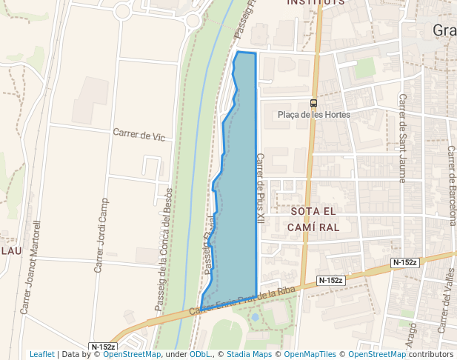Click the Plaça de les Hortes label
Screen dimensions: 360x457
(313, 115)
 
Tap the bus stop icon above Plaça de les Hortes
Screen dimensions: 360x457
(314, 104)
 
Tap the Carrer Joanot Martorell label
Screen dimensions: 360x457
(31, 267)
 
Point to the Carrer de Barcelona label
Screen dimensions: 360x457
(451, 185)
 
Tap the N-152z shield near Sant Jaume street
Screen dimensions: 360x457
(405, 262)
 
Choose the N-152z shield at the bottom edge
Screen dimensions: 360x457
(103, 347)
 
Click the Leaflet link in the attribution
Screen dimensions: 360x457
(42, 355)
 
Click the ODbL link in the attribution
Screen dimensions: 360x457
(200, 355)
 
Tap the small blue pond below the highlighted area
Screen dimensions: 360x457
(255, 317)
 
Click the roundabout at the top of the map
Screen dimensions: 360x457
(194, 20)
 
